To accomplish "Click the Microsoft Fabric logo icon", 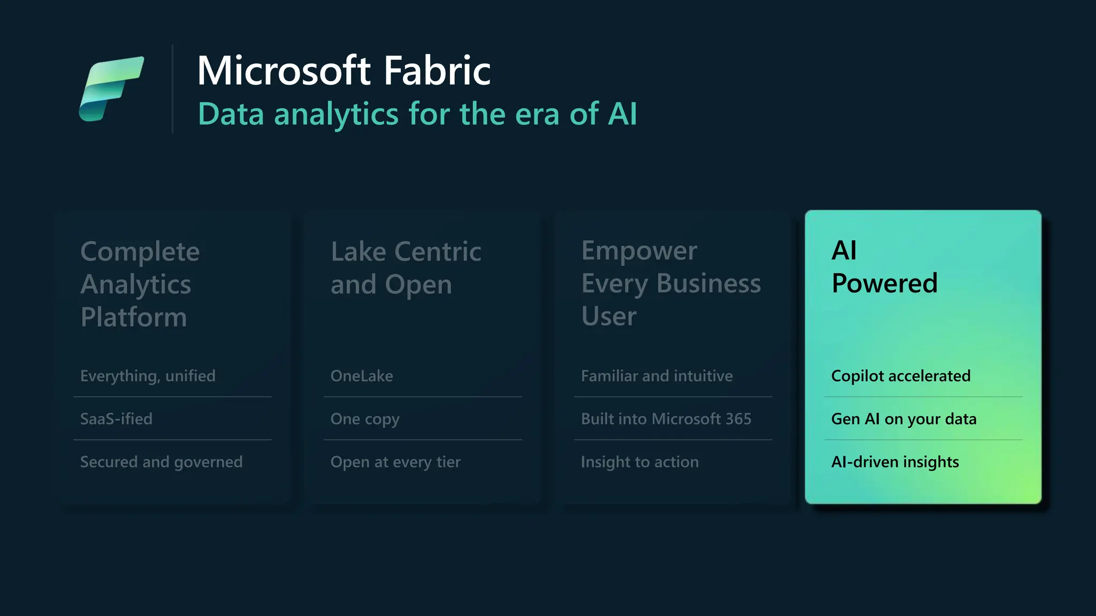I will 111,89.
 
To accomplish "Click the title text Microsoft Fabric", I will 344,71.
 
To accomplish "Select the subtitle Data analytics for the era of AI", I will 417,114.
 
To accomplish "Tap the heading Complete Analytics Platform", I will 140,284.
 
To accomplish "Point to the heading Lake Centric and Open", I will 406,268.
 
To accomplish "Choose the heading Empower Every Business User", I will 671,283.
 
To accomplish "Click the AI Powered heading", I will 884,266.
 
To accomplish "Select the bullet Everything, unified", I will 148,376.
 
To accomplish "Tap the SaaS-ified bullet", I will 116,419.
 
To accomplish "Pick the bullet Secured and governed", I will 161,462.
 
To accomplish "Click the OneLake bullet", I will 362,376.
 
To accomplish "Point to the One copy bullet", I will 365,419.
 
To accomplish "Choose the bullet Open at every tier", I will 395,462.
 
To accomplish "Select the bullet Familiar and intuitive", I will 657,376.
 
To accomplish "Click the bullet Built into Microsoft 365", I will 666,419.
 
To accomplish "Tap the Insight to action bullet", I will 640,462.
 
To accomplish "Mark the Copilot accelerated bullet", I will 901,376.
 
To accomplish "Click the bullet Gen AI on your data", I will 903,419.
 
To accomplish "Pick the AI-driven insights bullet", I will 895,462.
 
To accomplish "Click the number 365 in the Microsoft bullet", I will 738,419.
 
